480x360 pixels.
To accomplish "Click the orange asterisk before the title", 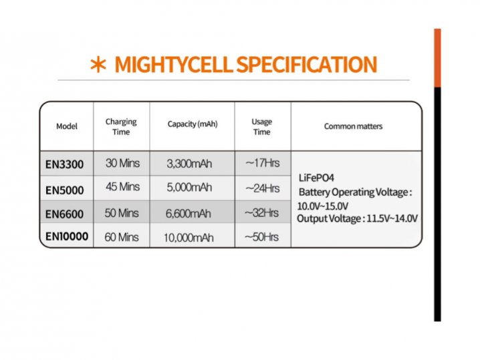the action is pos(98,65).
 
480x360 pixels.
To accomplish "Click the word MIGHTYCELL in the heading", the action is pos(174,64).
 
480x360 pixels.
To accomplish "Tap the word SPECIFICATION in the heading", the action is pos(307,64).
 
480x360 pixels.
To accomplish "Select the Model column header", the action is pos(67,126).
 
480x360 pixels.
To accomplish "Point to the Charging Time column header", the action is pos(121,127).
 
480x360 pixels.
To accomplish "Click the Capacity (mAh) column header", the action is pos(193,124).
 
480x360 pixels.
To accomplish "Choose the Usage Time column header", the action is pos(262,127).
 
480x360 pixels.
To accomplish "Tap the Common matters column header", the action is pos(353,126).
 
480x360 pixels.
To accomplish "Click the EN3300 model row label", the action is pos(65,164).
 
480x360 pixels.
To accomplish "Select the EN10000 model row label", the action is pos(67,236).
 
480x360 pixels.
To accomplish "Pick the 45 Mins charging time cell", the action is pos(123,186).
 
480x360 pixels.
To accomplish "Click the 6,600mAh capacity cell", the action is pos(189,213).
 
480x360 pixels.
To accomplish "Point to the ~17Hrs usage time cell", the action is pos(263,163).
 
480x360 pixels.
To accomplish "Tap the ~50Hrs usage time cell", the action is pos(262,237).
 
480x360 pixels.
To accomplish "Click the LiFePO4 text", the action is pos(316,178).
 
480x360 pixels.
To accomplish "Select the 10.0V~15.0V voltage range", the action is pos(323,206).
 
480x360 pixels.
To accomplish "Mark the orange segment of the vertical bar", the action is pos(437,58).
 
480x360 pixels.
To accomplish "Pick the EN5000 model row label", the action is pos(65,190).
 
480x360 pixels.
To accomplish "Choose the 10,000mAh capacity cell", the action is pos(189,238).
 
